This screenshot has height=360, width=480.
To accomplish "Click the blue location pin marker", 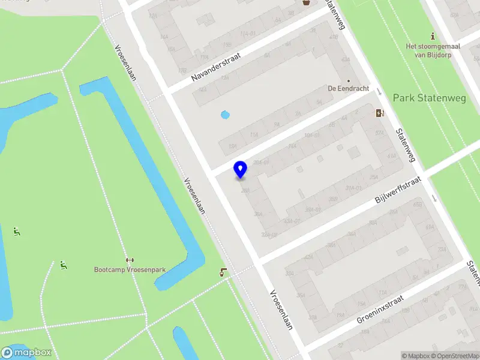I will pyautogui.click(x=240, y=169).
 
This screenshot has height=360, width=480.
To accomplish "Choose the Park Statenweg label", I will pyautogui.click(x=421, y=97).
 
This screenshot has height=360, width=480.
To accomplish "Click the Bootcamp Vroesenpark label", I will pyautogui.click(x=130, y=269).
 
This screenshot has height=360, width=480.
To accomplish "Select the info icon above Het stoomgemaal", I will pyautogui.click(x=433, y=37).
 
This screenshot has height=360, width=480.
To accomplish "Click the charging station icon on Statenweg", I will pyautogui.click(x=380, y=113).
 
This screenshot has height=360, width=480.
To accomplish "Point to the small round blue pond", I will pyautogui.click(x=225, y=114).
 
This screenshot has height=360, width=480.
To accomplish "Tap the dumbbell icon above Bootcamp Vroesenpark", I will pyautogui.click(x=130, y=260).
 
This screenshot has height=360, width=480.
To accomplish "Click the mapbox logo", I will pyautogui.click(x=26, y=353).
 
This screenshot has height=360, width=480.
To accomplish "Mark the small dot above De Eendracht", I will pyautogui.click(x=348, y=80).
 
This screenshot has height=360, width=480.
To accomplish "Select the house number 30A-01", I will pyautogui.click(x=260, y=162).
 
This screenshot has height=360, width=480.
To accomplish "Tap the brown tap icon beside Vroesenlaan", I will pyautogui.click(x=224, y=272).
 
